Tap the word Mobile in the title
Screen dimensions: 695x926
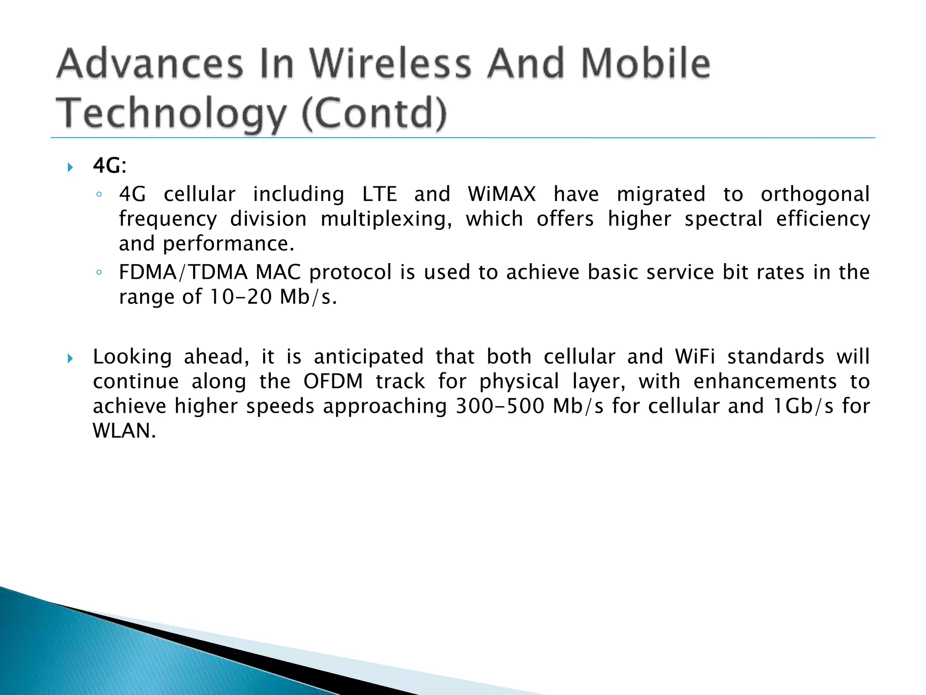(x=645, y=63)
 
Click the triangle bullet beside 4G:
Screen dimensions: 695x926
(x=70, y=168)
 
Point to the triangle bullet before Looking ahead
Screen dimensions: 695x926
(x=70, y=359)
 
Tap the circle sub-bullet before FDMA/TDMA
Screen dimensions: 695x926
(x=99, y=273)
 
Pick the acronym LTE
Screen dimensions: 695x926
(x=379, y=194)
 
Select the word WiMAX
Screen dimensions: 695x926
(x=502, y=194)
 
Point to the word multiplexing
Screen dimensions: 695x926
(x=386, y=219)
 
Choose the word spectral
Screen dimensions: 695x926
(x=723, y=219)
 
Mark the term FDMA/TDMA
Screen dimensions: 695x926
(x=183, y=272)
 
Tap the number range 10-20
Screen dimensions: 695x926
(x=240, y=297)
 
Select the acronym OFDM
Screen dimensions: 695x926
(x=333, y=381)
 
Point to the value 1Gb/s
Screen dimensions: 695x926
(x=803, y=406)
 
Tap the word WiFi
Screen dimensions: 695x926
(x=695, y=357)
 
